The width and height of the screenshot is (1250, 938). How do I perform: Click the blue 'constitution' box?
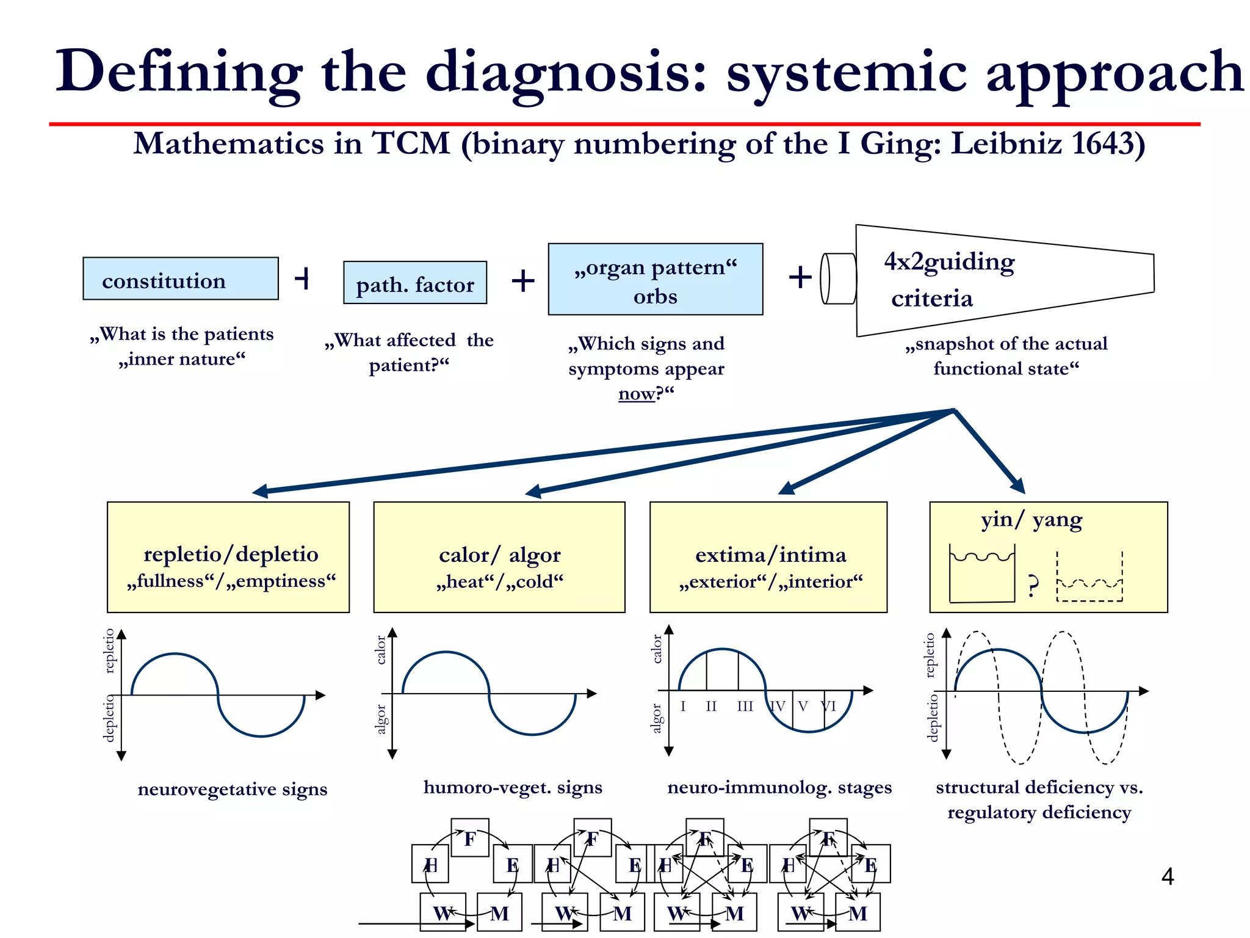click(181, 279)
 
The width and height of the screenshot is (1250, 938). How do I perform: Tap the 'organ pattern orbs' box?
click(655, 280)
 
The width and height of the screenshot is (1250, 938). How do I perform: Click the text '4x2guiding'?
click(948, 262)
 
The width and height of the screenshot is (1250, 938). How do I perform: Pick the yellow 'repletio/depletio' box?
click(228, 557)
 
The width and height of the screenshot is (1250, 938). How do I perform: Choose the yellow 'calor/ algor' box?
click(499, 557)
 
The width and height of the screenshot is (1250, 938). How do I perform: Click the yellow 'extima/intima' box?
click(768, 557)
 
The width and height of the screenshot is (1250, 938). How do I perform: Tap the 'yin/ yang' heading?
click(1031, 520)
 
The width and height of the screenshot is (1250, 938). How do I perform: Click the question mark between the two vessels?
click(1032, 585)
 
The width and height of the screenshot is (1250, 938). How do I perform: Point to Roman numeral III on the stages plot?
click(745, 707)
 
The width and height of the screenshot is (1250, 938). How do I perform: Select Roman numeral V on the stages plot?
click(803, 707)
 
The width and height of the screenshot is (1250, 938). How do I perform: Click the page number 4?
click(1167, 877)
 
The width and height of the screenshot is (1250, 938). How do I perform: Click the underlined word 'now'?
click(636, 394)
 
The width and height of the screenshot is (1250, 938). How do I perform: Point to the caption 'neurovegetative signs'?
click(233, 789)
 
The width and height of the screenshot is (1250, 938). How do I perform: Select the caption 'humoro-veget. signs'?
click(513, 787)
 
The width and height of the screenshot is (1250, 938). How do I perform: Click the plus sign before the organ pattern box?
click(523, 281)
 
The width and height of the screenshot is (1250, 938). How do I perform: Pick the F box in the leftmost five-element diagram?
click(470, 838)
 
